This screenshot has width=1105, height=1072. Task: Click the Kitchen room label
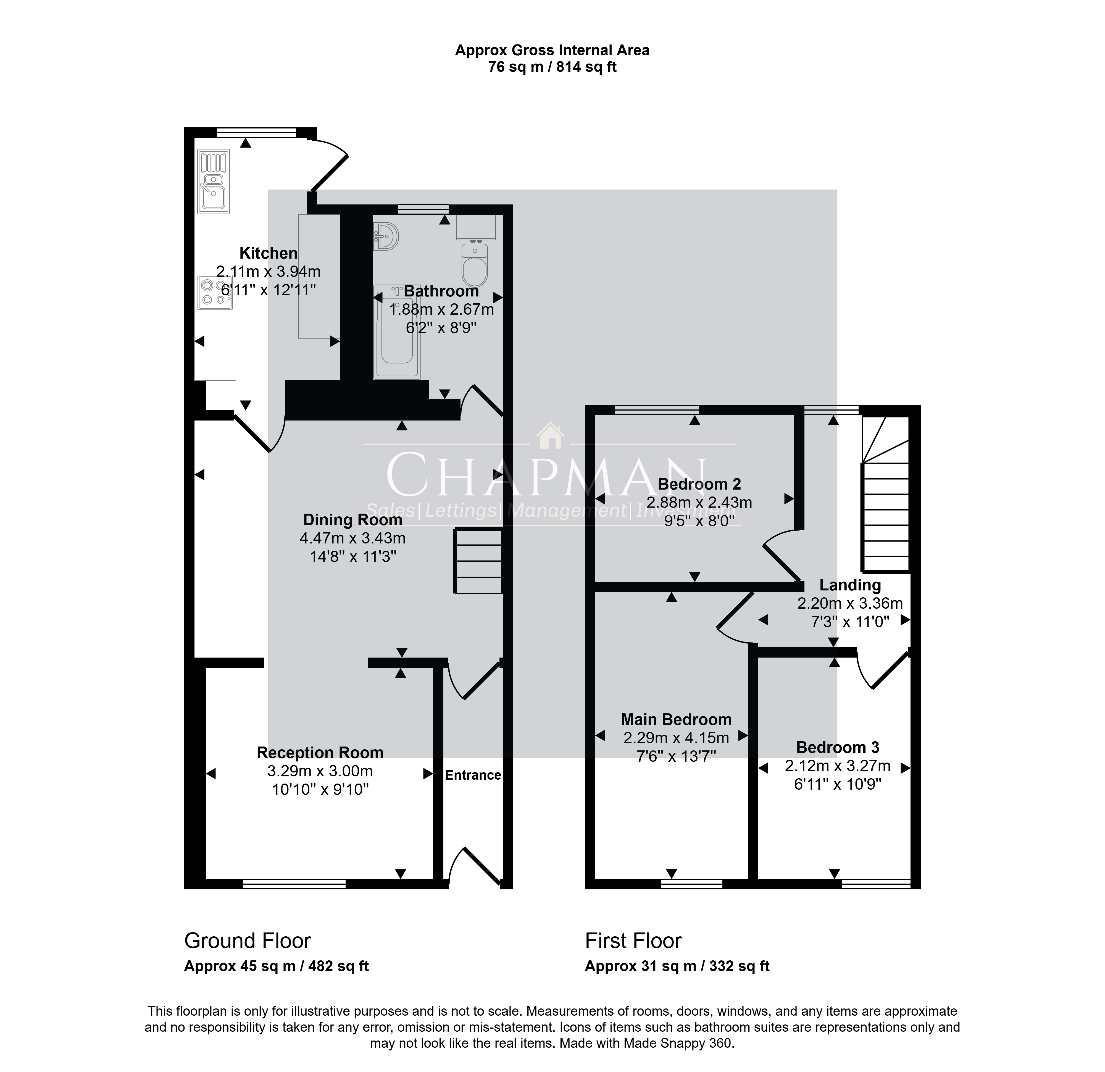(x=268, y=253)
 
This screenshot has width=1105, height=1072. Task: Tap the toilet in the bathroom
(x=475, y=264)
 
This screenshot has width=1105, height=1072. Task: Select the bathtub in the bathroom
(x=397, y=332)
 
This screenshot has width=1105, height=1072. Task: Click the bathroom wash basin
(x=386, y=236)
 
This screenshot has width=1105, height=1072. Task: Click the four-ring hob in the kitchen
(x=215, y=292)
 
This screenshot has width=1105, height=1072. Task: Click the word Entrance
(x=473, y=775)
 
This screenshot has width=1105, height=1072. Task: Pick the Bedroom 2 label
(x=699, y=484)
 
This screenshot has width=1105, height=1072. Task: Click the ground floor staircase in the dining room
(x=478, y=561)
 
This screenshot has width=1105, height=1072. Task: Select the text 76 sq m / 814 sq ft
(x=552, y=67)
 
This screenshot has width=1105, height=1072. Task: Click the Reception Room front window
(x=294, y=884)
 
